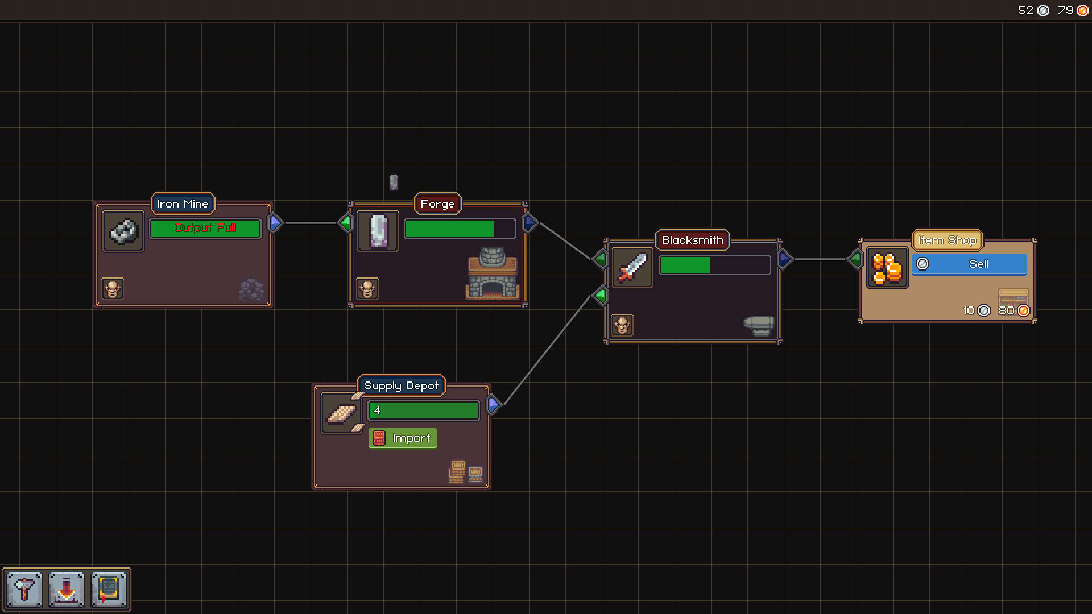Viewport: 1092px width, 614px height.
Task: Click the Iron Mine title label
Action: pyautogui.click(x=183, y=204)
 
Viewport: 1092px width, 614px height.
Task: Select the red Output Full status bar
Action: pyautogui.click(x=205, y=228)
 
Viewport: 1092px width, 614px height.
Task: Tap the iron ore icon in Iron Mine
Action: pyautogui.click(x=123, y=231)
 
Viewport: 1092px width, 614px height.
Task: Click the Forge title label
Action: pyautogui.click(x=437, y=204)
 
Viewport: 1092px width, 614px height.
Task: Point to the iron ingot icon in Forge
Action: pyautogui.click(x=378, y=231)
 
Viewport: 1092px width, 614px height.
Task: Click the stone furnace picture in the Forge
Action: pyautogui.click(x=493, y=273)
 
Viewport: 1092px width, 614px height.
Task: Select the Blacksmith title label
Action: pyautogui.click(x=692, y=240)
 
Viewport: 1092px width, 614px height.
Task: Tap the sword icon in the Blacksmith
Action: pyautogui.click(x=632, y=267)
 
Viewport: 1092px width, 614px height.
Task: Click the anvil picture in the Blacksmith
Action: pyautogui.click(x=759, y=326)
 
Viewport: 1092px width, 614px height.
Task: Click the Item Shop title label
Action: pyautogui.click(x=947, y=240)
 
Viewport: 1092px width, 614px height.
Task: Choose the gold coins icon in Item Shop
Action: pyautogui.click(x=887, y=268)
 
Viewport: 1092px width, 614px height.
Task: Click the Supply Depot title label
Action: pyautogui.click(x=401, y=385)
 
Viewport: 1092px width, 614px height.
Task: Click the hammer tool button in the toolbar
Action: pyautogui.click(x=24, y=589)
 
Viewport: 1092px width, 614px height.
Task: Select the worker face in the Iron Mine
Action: pyautogui.click(x=113, y=289)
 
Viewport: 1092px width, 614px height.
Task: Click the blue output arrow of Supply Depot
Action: pyautogui.click(x=494, y=405)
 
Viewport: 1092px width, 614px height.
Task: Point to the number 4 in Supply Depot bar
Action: pyautogui.click(x=377, y=410)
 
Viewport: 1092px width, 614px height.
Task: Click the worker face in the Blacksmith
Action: pyautogui.click(x=622, y=325)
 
